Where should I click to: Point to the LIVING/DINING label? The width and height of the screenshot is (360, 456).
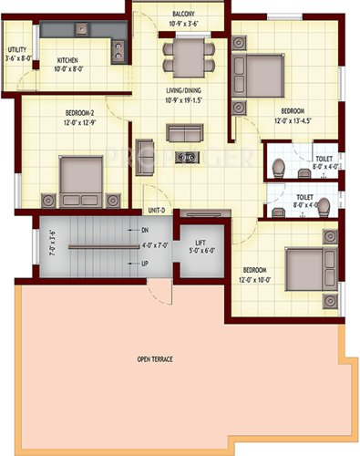pos(183,90)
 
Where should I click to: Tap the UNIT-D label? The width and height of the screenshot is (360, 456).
pos(156,211)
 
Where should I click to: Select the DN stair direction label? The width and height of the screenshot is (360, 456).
pos(146,232)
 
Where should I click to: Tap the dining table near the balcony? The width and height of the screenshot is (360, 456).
pos(187,57)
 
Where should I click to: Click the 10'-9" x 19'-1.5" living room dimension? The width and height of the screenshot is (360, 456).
pos(183,100)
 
